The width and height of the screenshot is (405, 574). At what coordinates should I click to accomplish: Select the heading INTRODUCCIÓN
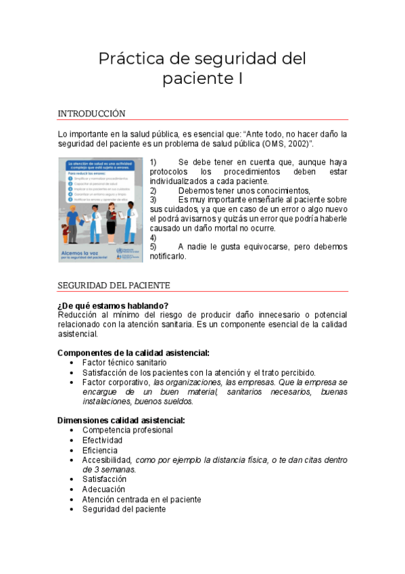coord(91,113)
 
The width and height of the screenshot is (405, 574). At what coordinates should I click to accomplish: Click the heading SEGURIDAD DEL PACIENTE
coord(114,286)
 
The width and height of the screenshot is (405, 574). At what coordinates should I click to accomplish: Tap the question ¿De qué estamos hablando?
coord(113,305)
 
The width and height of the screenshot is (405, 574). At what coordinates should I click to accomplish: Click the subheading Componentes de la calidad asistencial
coord(133,353)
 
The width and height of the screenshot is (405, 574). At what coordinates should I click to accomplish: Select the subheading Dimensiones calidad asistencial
coord(121,420)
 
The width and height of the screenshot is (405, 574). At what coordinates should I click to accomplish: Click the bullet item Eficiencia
coord(100,450)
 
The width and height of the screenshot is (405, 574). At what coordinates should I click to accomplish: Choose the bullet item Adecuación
coord(103,489)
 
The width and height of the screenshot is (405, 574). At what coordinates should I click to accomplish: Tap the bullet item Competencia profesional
coord(127,430)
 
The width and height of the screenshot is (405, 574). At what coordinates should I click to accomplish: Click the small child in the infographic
coord(66,234)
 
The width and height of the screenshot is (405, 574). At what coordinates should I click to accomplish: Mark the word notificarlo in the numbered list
coord(168,257)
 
